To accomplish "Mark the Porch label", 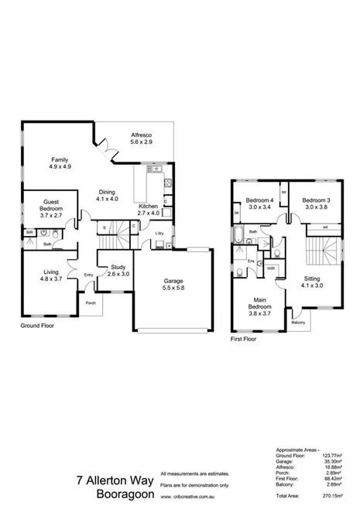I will click(91, 302).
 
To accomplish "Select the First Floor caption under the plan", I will click(245, 339).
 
